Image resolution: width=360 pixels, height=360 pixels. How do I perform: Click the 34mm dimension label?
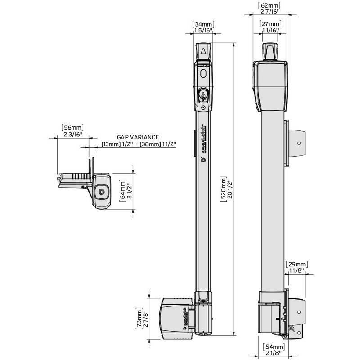[203, 24]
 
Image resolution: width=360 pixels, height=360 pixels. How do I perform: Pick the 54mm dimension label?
[274, 346]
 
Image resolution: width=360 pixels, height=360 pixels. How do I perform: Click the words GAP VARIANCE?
[138, 137]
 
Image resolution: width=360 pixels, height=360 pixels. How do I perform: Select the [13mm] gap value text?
[111, 144]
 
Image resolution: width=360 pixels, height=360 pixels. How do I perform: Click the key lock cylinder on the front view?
[203, 94]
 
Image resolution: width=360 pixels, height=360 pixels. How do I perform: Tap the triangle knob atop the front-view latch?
[203, 51]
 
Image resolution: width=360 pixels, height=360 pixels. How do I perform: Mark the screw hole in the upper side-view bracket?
[299, 143]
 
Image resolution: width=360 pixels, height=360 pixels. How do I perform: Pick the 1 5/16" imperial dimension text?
[203, 30]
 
